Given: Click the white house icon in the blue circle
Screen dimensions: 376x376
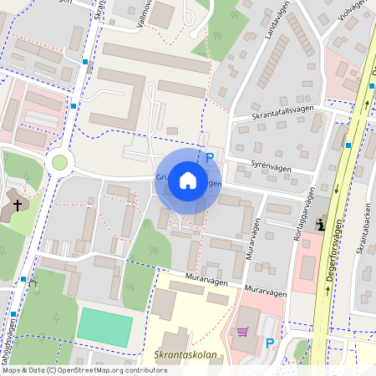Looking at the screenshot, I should click(187, 180).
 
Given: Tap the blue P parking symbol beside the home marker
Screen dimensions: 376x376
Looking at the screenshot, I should click(210, 157).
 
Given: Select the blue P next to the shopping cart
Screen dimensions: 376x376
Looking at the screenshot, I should click(270, 343).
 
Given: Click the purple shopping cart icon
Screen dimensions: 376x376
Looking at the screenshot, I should click(243, 331).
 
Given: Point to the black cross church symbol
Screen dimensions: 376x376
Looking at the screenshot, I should click(17, 204).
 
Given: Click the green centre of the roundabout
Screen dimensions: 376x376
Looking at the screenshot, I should click(59, 161).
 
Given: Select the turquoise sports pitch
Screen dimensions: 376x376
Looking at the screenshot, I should click(105, 327).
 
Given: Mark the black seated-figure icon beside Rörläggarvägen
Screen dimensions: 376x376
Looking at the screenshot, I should click(322, 224).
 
